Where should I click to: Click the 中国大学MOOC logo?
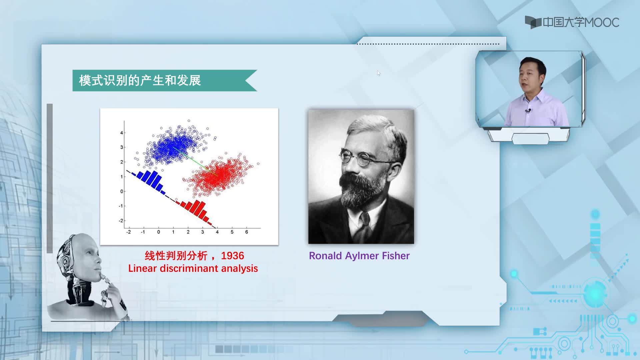click(572, 22)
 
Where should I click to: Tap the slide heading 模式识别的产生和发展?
click(140, 81)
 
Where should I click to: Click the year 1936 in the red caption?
click(232, 256)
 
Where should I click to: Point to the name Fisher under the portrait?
click(396, 256)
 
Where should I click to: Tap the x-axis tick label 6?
click(247, 232)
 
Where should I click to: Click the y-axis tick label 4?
click(122, 133)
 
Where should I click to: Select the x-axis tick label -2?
click(128, 232)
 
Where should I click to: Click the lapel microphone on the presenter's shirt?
click(528, 110)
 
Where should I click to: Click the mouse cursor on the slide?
click(379, 73)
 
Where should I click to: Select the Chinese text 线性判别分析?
click(176, 256)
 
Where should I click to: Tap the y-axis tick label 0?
click(122, 191)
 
